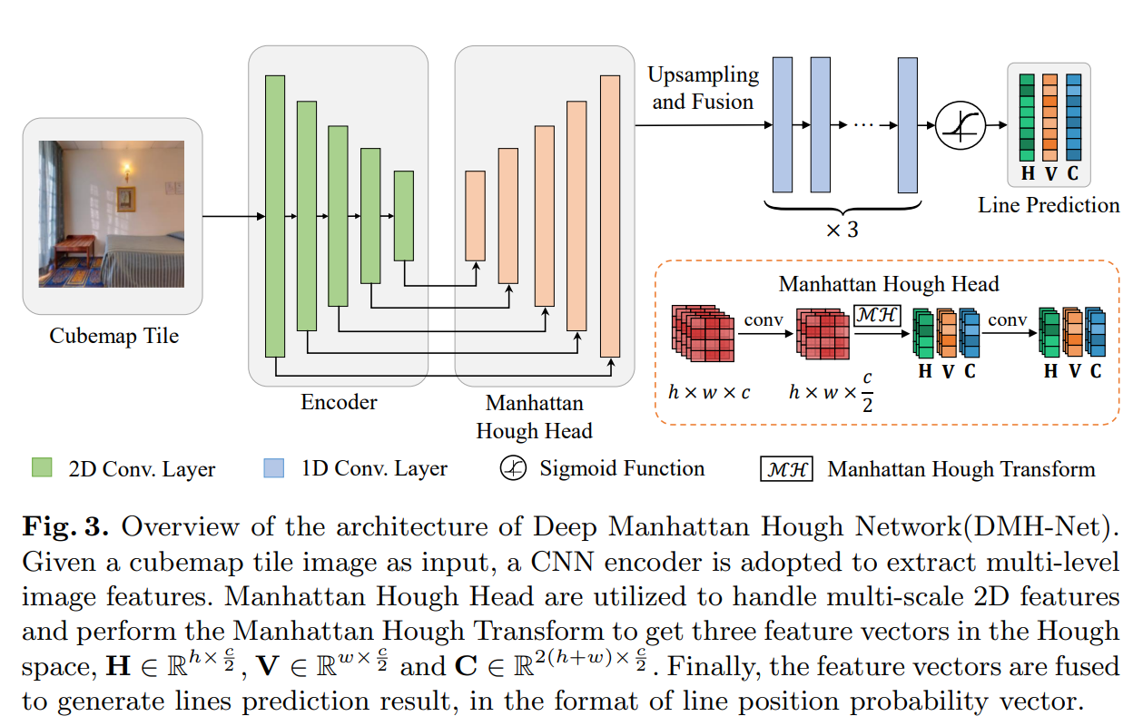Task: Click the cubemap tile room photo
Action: click(x=112, y=214)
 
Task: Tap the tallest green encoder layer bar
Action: click(x=275, y=216)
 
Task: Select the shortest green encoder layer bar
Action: click(x=403, y=215)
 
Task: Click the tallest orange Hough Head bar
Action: click(x=610, y=216)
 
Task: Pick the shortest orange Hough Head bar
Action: click(x=475, y=215)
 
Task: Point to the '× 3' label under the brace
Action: click(x=841, y=230)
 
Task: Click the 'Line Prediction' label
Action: click(x=1049, y=205)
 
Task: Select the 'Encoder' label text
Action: click(x=339, y=401)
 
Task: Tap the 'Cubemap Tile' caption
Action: click(x=113, y=336)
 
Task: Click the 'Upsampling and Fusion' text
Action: click(x=703, y=88)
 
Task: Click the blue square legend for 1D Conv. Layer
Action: click(x=274, y=468)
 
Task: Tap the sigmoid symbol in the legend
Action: click(x=513, y=468)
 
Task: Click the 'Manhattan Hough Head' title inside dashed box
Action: click(x=888, y=284)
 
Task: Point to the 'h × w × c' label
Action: click(x=709, y=393)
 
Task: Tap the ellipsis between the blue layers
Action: click(x=863, y=126)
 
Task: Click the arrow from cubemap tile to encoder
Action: click(x=232, y=217)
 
